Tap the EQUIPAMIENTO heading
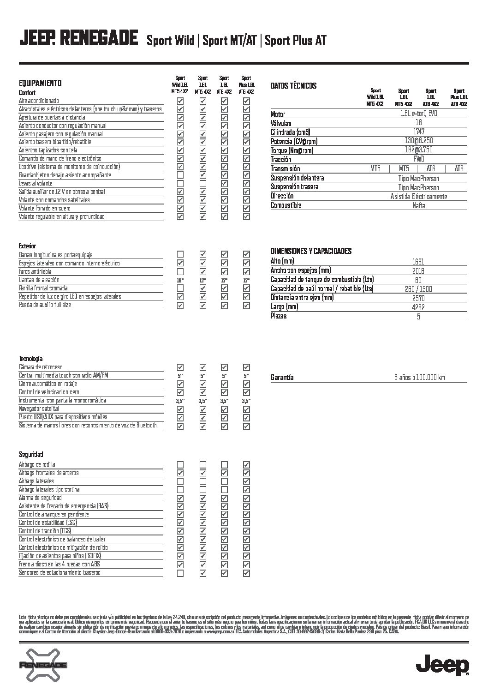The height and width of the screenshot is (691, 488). click(40, 84)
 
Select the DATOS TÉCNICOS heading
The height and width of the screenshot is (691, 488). click(293, 86)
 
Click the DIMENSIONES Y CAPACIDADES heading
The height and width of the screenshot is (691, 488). click(311, 251)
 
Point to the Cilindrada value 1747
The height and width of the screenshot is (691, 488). click(419, 132)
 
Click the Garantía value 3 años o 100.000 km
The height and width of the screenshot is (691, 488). click(419, 378)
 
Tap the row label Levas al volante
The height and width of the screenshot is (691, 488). click(36, 183)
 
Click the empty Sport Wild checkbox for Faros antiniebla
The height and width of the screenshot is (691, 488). click(180, 271)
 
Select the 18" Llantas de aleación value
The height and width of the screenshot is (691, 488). click(180, 280)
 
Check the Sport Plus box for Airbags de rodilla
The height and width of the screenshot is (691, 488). click(246, 464)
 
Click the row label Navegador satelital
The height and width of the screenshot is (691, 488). click(39, 409)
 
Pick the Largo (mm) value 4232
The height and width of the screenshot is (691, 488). click(419, 307)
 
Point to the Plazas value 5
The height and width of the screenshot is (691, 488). click(419, 317)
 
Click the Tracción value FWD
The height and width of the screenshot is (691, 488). click(419, 159)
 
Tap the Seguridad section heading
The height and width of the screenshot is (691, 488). click(31, 455)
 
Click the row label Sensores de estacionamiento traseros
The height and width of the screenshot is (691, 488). click(60, 573)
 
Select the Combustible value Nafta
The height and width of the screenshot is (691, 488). click(419, 205)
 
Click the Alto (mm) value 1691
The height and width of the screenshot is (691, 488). click(419, 262)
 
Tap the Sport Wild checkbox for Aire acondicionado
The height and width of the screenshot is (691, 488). click(180, 101)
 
